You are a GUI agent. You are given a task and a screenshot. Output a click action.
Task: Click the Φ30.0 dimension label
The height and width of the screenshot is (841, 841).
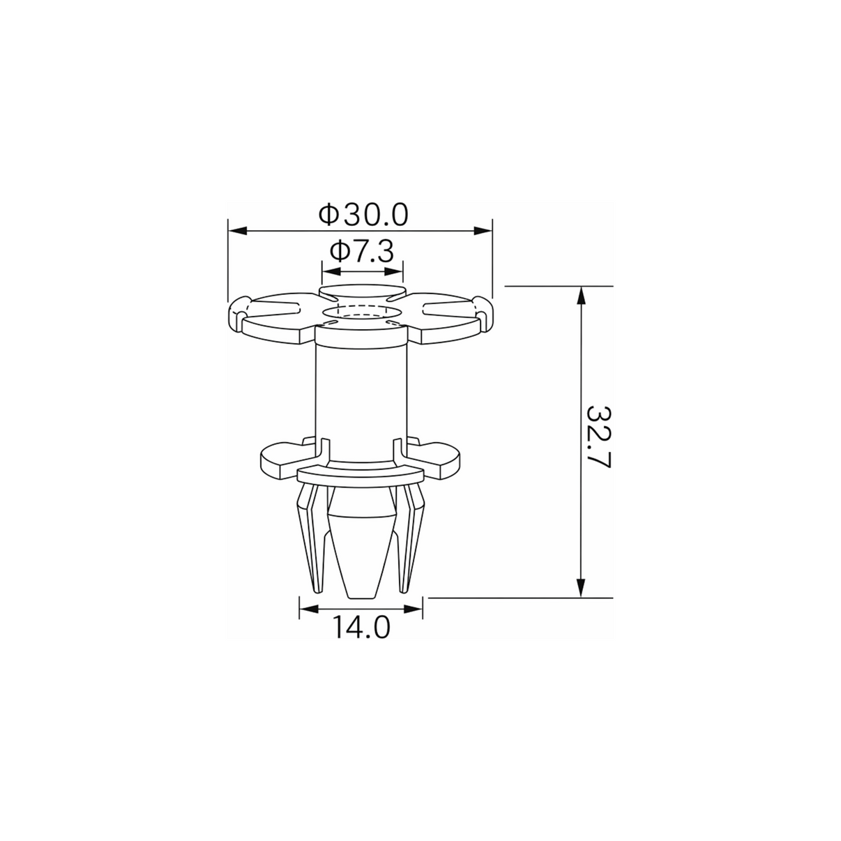pos(363,215)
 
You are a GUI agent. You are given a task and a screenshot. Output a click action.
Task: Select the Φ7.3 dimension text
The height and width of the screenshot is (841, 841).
pos(362,251)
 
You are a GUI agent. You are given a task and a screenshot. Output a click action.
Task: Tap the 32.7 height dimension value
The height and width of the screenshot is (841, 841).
pos(598,437)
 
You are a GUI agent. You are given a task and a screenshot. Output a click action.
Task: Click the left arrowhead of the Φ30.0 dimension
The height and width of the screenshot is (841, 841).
pos(237,231)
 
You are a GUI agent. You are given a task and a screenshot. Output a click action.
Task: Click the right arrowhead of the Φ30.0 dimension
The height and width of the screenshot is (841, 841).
pos(483,231)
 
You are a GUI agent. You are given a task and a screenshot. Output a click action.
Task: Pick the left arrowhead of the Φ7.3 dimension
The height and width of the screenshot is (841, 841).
pos(331,271)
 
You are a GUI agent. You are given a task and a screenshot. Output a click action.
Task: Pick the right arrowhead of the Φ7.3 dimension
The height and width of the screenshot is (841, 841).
pos(394,271)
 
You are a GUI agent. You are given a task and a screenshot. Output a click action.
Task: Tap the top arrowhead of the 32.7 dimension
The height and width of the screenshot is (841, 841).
pos(580,296)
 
